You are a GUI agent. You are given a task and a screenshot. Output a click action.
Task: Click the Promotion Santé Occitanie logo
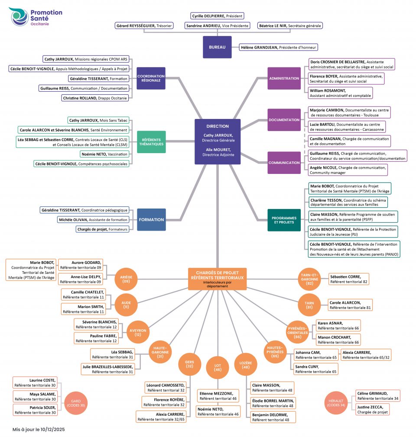click(36, 16)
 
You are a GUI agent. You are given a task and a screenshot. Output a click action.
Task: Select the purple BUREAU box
click(217, 47)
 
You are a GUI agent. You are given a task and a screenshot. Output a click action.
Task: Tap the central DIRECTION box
click(218, 141)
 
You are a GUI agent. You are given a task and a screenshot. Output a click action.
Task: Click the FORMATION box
click(151, 219)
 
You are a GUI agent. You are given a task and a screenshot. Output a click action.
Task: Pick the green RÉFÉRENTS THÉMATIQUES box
click(151, 141)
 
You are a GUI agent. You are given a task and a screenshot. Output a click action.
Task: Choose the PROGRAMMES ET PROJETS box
click(284, 220)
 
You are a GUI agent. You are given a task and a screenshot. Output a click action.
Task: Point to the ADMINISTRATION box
click(284, 78)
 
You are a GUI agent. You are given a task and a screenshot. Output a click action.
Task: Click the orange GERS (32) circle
click(189, 363)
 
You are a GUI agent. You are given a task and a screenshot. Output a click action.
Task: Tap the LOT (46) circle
click(218, 367)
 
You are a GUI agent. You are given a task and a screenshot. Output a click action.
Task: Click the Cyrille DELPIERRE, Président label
click(217, 16)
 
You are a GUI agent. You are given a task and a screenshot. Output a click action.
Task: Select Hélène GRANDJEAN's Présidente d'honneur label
click(279, 47)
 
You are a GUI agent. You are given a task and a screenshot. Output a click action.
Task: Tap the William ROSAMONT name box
click(340, 93)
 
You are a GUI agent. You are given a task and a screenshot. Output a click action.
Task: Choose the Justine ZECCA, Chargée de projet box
click(373, 409)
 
